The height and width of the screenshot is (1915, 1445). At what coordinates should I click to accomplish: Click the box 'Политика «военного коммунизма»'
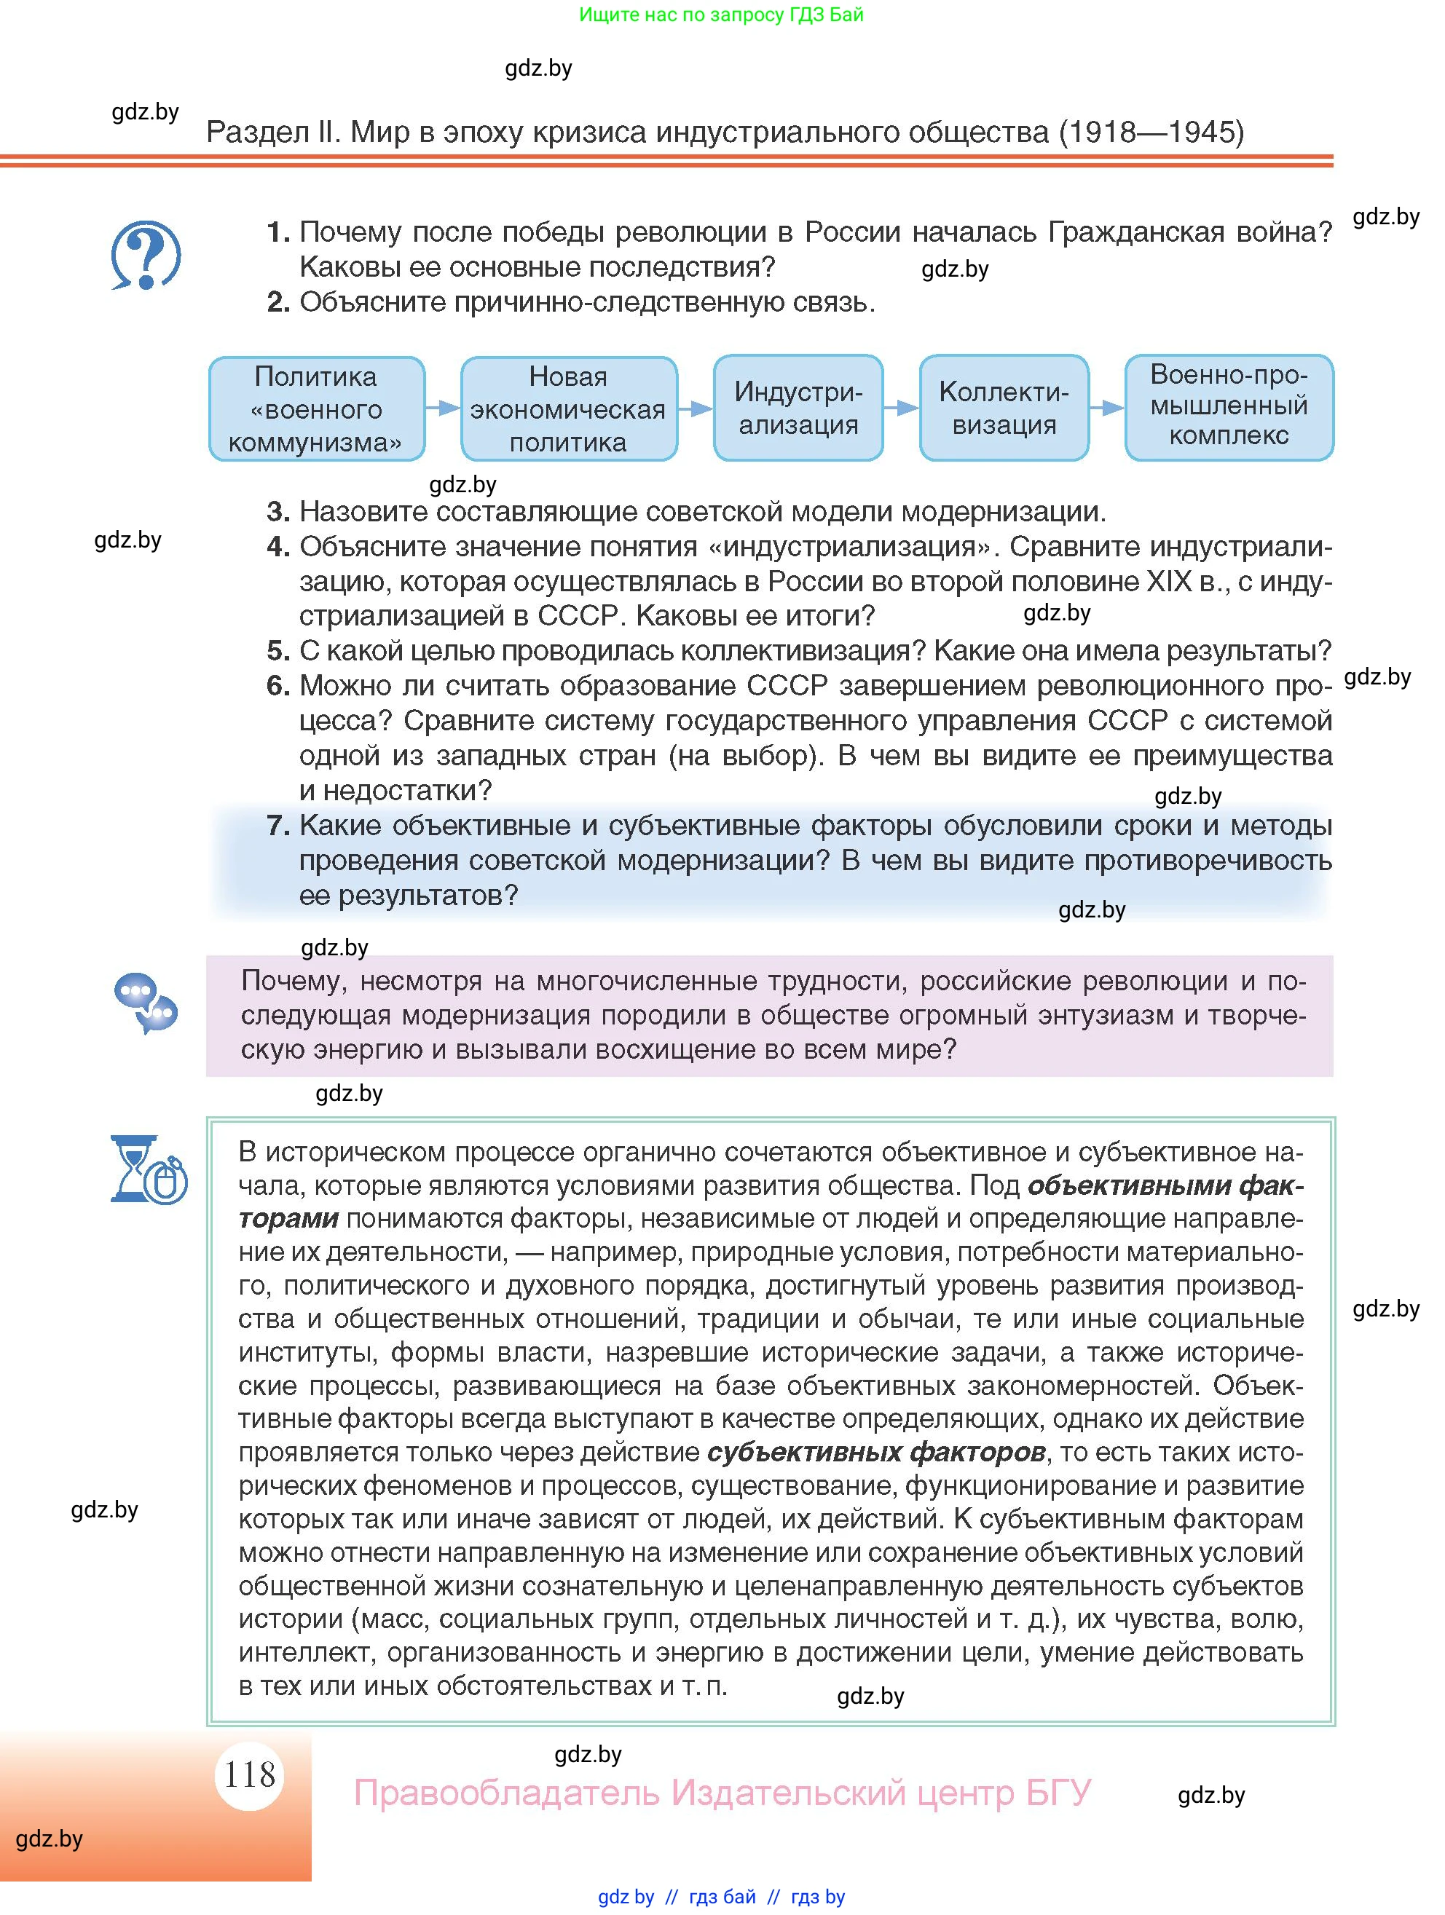(316, 408)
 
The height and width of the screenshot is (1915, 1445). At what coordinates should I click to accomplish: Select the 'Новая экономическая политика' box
(568, 408)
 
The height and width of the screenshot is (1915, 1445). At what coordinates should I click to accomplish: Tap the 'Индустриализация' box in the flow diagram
(798, 408)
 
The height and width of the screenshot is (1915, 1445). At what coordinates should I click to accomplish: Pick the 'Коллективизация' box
(1004, 408)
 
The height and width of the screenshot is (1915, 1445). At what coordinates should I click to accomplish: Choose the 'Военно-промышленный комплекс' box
(1228, 407)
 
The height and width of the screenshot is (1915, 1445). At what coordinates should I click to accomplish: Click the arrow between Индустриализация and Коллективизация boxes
(901, 408)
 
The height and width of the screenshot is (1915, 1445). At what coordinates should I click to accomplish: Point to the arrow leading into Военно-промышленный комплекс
(1106, 408)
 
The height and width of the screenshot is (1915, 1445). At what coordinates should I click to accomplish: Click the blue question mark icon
(146, 256)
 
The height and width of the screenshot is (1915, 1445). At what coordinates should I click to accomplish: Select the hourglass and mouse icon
(148, 1169)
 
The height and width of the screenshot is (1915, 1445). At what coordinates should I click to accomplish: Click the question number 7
(277, 826)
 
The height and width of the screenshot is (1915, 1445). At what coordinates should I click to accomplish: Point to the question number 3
(277, 512)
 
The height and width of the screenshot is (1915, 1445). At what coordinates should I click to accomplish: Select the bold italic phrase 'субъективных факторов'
(875, 1452)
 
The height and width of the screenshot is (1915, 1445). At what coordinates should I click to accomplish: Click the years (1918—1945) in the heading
(1151, 132)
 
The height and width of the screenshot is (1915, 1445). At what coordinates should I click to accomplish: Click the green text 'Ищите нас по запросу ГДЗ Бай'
(720, 15)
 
